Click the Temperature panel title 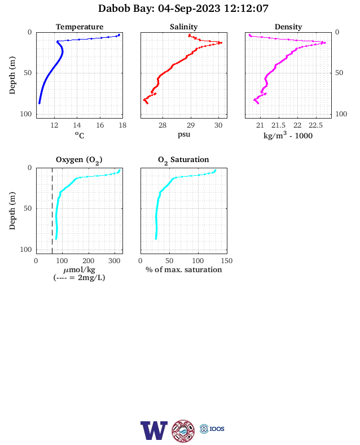click(x=80, y=27)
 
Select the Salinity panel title click(x=184, y=27)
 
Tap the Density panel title click(x=288, y=27)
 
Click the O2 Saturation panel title click(x=183, y=160)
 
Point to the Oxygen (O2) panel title click(x=79, y=160)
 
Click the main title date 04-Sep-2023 click(x=189, y=8)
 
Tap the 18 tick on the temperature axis click(x=122, y=125)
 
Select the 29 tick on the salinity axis click(x=191, y=125)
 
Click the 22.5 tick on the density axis click(x=315, y=125)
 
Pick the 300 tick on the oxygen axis click(x=115, y=261)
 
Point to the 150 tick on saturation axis click(x=227, y=261)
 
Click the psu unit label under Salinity click(x=184, y=134)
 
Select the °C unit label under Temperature click(x=80, y=135)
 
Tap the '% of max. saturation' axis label click(x=184, y=269)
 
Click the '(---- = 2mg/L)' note click(x=79, y=277)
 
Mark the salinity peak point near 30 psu click(x=221, y=43)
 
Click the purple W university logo click(x=154, y=430)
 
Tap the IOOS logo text click(x=217, y=429)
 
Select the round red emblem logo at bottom click(x=183, y=431)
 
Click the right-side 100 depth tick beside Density click(x=341, y=114)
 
